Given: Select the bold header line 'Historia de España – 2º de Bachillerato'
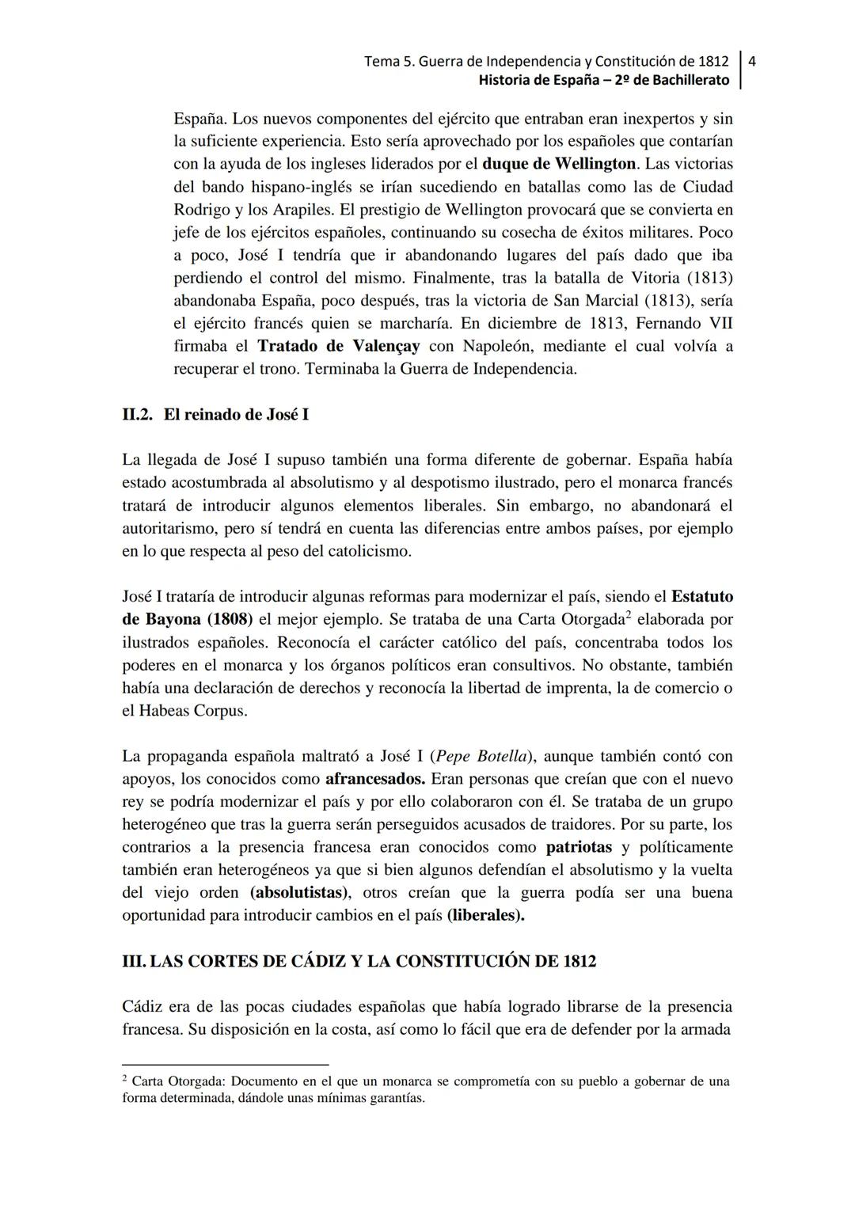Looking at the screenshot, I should (604, 80).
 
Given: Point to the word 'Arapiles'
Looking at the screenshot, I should (294, 210).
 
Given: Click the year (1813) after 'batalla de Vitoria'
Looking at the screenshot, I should (709, 278).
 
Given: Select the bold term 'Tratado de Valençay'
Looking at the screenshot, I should (339, 346).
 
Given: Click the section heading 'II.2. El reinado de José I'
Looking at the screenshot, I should (215, 415).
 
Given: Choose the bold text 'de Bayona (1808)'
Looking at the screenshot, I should (187, 619).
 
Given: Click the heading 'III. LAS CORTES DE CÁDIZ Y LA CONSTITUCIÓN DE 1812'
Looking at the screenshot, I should (359, 961).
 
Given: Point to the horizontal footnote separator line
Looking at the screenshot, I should (225, 1065).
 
